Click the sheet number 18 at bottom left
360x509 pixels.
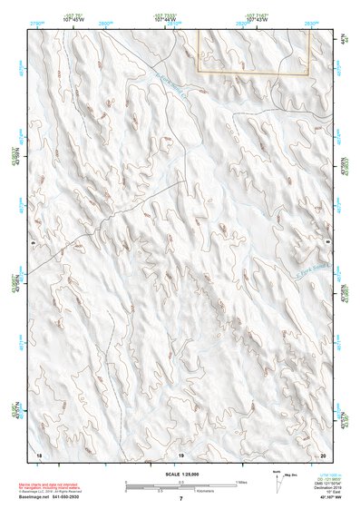[x=38, y=452]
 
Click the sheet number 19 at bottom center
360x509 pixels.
[x=180, y=452]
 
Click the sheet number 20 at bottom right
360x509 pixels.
[x=323, y=452]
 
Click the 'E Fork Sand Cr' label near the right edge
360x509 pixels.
[x=306, y=271]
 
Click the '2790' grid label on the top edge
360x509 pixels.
[x=38, y=21]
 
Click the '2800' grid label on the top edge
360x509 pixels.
[x=106, y=21]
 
